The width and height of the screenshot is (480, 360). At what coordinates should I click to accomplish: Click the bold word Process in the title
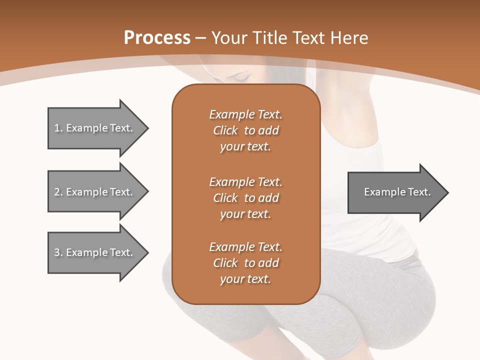tap(157, 38)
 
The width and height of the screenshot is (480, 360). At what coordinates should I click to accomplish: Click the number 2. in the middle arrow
tap(58, 192)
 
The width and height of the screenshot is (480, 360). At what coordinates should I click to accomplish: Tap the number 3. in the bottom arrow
tap(58, 252)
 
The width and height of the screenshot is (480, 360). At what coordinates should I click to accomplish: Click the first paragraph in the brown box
tap(245, 130)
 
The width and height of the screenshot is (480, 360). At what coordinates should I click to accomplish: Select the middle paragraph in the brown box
tap(245, 197)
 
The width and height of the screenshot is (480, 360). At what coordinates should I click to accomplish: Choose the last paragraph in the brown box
tap(245, 263)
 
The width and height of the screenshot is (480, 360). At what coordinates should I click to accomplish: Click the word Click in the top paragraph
tap(225, 130)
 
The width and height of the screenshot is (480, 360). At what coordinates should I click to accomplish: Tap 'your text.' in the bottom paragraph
tap(245, 279)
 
